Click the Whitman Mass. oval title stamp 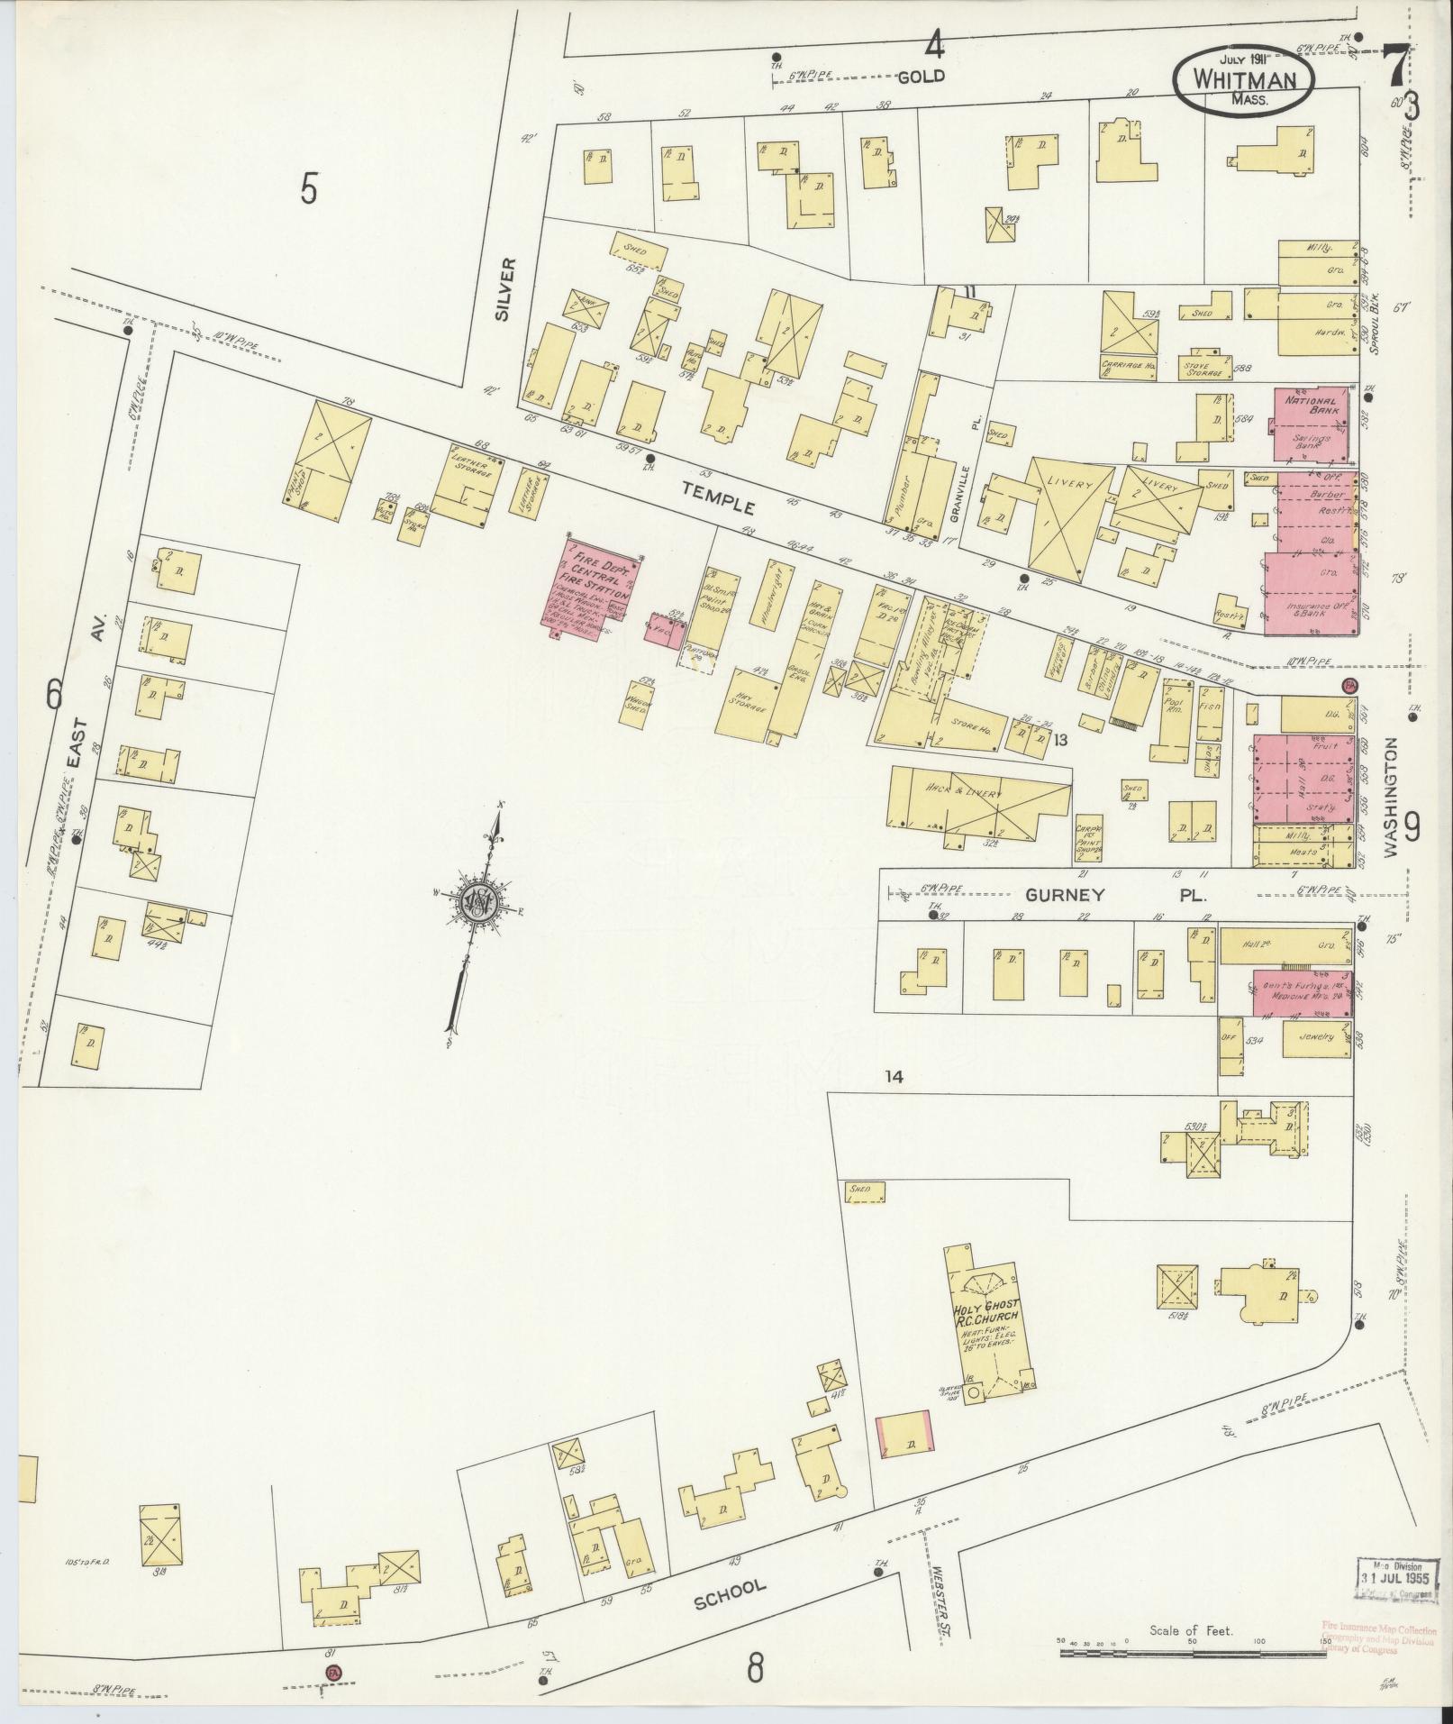point(1245,80)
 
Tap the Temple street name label point(718,497)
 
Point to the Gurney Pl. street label point(1113,896)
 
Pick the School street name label point(730,1597)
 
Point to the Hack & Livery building point(976,798)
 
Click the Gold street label point(921,77)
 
